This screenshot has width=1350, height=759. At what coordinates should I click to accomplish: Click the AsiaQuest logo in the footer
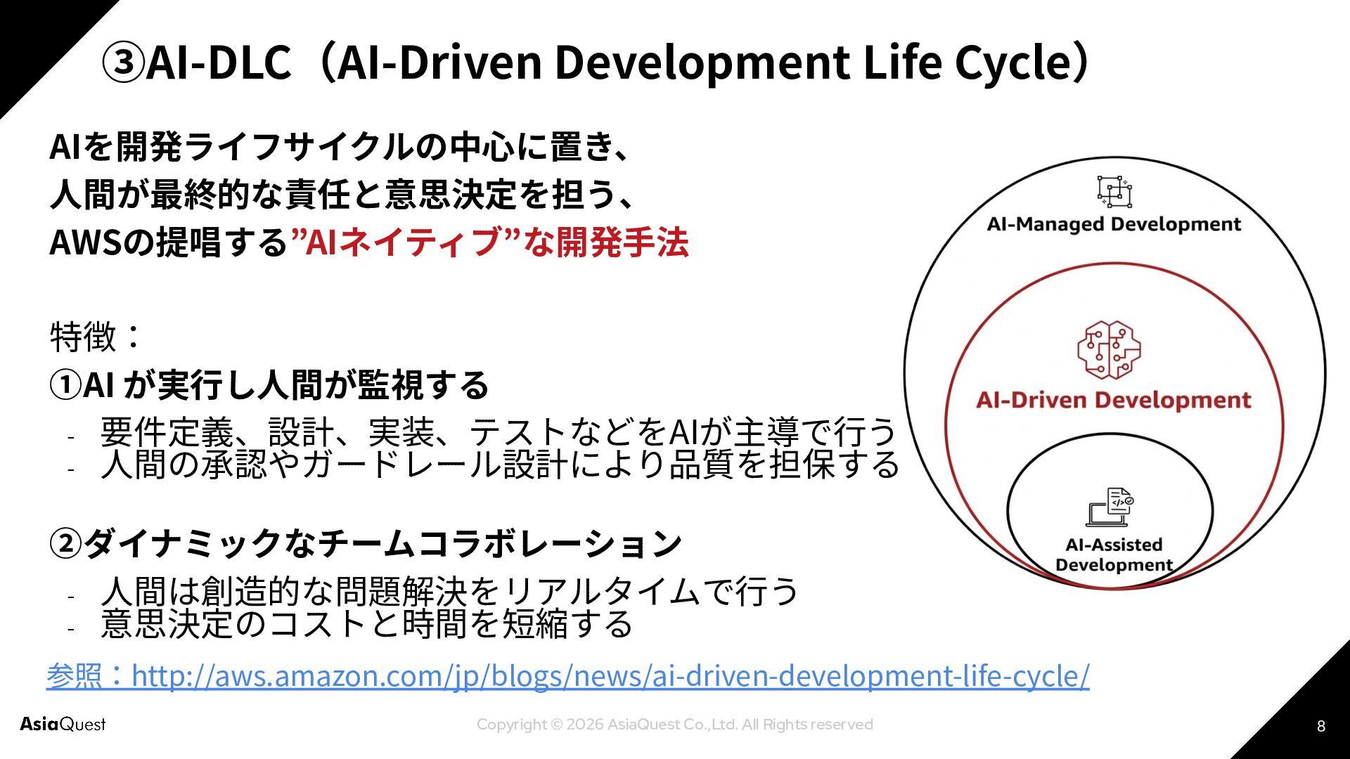(63, 724)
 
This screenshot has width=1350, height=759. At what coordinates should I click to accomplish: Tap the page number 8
(1320, 726)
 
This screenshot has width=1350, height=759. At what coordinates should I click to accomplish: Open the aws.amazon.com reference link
(610, 675)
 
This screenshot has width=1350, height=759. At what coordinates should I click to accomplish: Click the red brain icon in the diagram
(1109, 350)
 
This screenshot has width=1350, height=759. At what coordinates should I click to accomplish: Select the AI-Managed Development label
(1114, 224)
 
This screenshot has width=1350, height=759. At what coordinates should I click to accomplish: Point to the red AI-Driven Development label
(1114, 400)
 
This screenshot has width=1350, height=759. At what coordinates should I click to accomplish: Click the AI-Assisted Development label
(1114, 554)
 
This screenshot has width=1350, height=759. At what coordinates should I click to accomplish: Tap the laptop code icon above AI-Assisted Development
(1110, 507)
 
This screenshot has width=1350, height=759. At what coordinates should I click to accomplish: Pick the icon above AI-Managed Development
(1114, 191)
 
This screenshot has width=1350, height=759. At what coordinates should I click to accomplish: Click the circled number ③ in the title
(123, 62)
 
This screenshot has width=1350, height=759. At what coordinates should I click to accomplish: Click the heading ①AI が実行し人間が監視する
(269, 384)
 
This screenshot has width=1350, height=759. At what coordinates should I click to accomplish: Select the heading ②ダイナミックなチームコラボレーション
(366, 543)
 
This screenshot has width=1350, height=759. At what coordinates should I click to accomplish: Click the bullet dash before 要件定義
(71, 438)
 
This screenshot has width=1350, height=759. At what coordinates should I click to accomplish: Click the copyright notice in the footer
(674, 725)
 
